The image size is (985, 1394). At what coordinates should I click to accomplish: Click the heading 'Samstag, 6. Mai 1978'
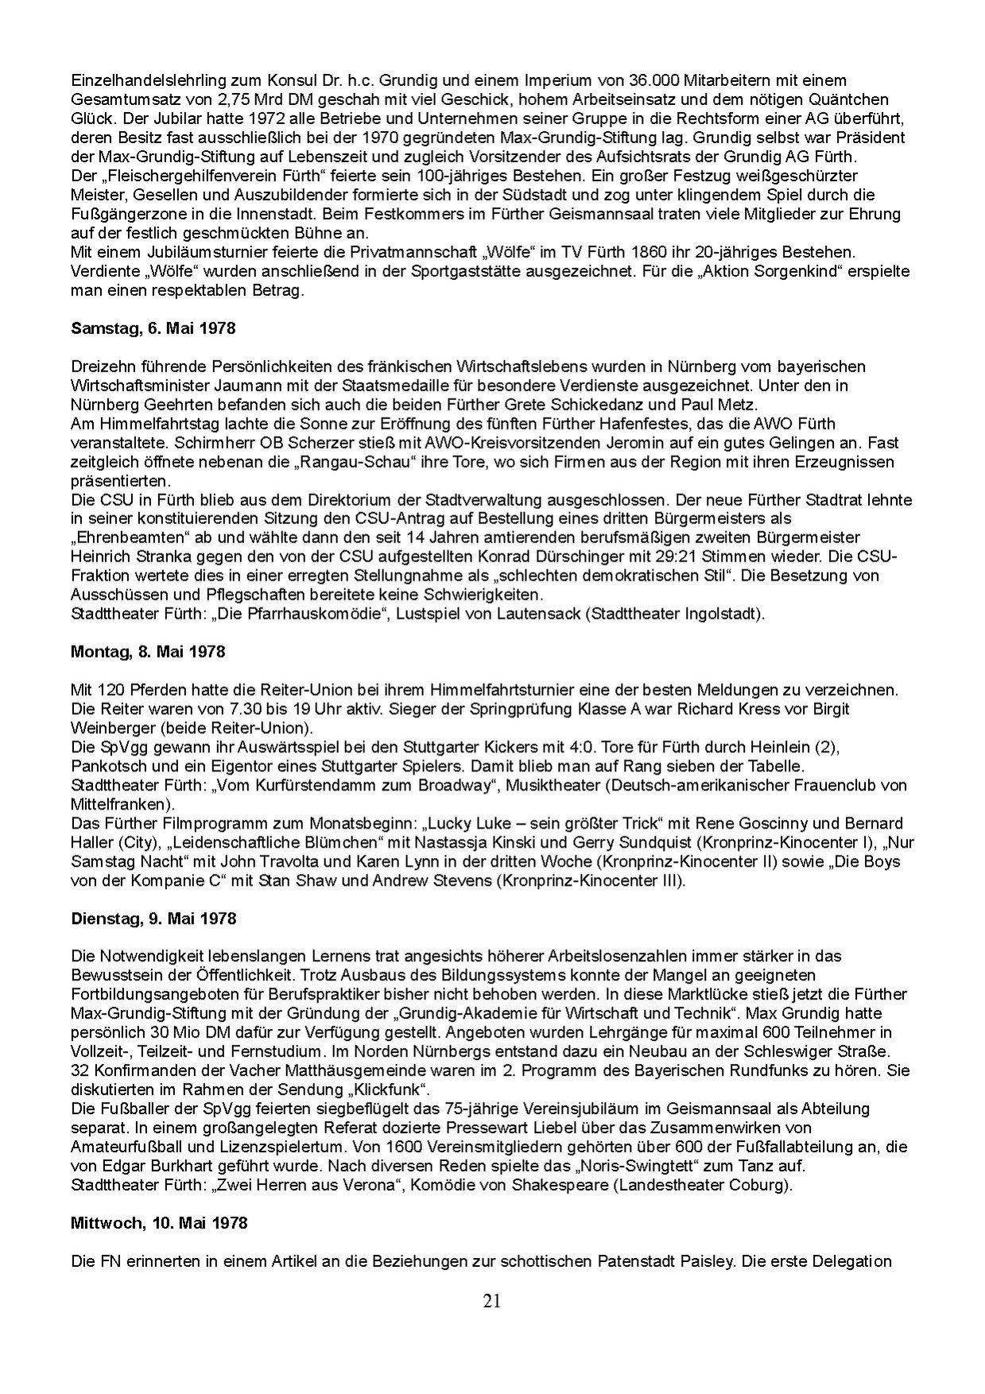coord(153,328)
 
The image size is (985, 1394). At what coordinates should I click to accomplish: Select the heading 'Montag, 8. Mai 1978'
coord(148,652)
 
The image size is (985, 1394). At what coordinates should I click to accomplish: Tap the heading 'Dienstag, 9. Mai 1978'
coord(153,918)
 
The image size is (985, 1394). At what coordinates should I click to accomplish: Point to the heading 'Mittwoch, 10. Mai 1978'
coord(159,1223)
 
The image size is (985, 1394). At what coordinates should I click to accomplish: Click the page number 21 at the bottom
coord(492,1302)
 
